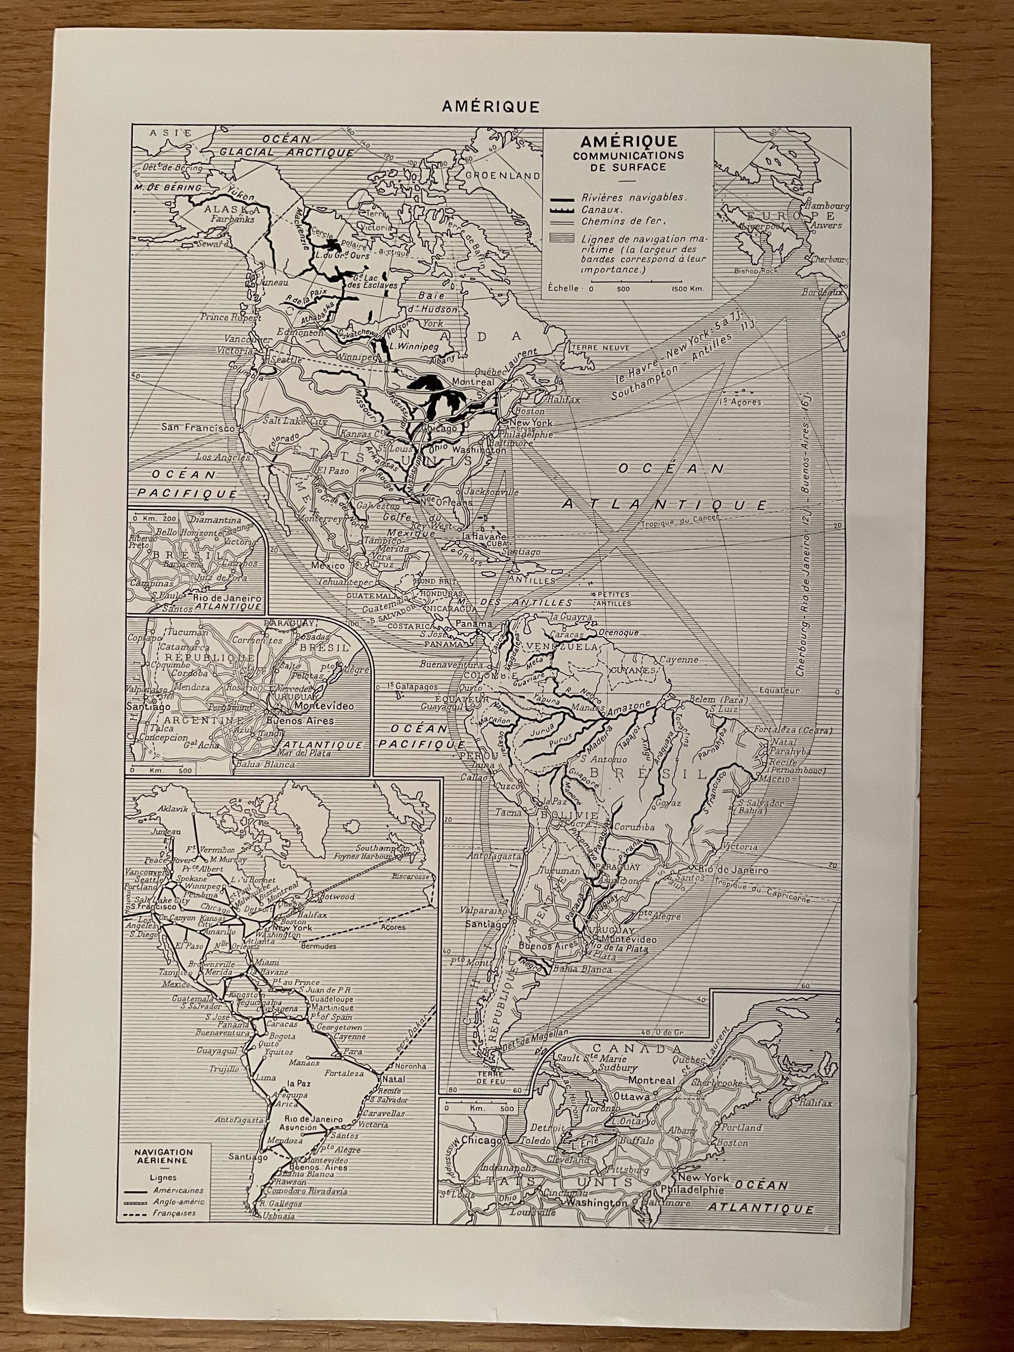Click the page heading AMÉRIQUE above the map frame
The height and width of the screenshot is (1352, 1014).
(x=491, y=107)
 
